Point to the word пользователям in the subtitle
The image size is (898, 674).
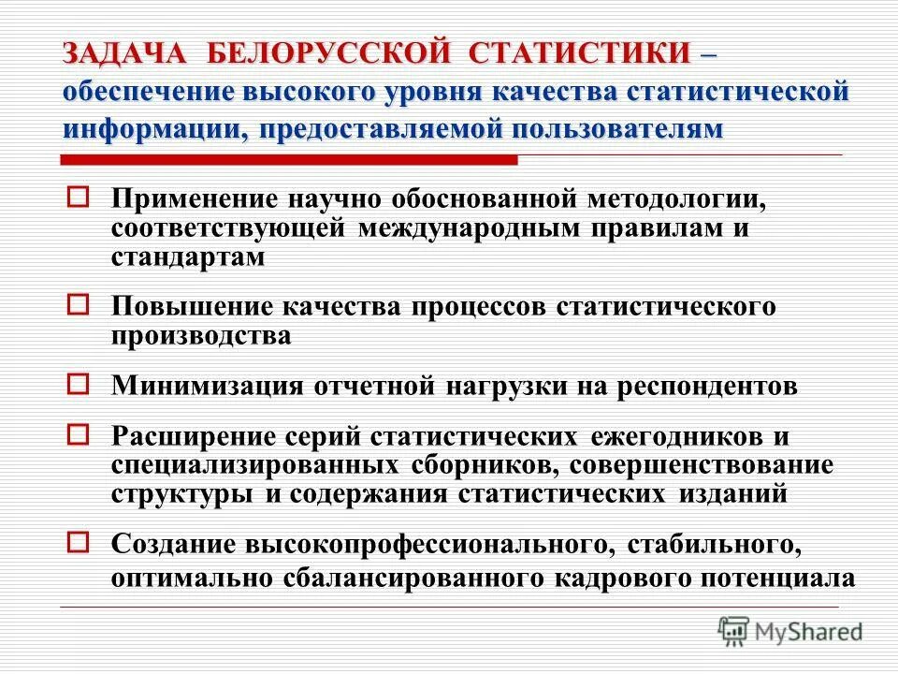click(617, 128)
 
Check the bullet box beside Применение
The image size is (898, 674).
click(80, 198)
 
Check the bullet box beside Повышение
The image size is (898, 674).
click(80, 303)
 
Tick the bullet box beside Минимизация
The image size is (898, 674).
click(80, 383)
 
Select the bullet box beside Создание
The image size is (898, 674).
click(80, 540)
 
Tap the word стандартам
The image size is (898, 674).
click(188, 256)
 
